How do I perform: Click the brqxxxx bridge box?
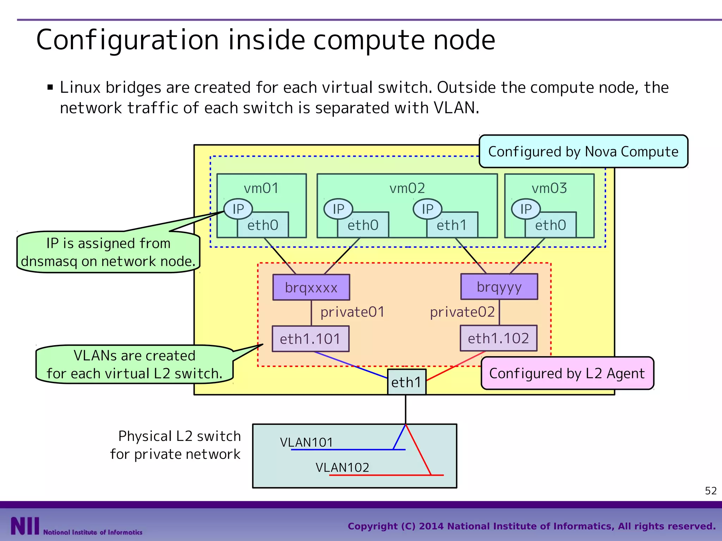point(311,287)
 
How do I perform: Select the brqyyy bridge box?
point(499,287)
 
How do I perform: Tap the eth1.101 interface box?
point(310,339)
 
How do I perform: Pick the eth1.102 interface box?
point(498,338)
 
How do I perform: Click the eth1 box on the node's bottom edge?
point(406,382)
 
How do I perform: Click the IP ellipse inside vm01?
point(238,209)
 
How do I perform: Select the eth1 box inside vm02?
point(452,225)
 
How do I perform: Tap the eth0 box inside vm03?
point(550,225)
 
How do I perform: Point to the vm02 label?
point(407,188)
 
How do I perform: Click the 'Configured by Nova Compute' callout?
point(583,151)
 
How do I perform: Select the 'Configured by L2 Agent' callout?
point(567,373)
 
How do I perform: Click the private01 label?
point(352,312)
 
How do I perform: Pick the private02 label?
point(462,312)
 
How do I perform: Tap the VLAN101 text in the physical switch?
point(306,442)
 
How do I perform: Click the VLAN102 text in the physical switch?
point(342,468)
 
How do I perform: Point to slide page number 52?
point(711,491)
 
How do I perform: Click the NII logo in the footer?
point(25,526)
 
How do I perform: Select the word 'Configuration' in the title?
point(128,40)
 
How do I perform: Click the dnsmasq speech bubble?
point(108,252)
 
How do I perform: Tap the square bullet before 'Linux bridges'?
point(50,87)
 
